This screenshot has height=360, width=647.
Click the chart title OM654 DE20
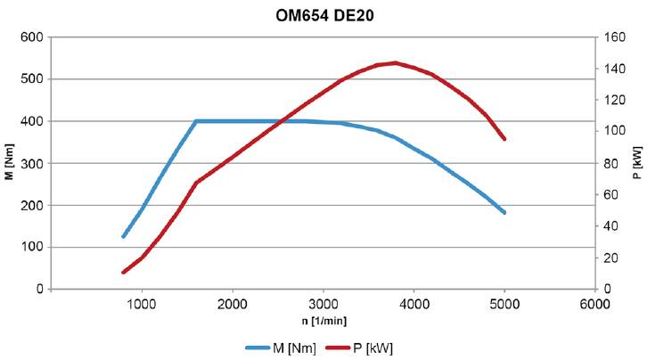(x=323, y=15)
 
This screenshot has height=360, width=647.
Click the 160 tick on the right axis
(x=613, y=37)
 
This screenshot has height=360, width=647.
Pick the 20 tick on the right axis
(x=610, y=258)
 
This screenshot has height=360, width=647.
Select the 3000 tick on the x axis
(x=323, y=305)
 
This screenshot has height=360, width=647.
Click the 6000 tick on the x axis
(x=594, y=305)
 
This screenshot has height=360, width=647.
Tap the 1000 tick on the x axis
(x=142, y=305)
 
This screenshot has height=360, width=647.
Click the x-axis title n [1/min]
(x=323, y=320)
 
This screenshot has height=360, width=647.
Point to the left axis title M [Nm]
(x=9, y=163)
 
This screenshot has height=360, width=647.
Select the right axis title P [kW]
(x=636, y=163)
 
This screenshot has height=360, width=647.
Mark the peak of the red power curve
(x=396, y=62)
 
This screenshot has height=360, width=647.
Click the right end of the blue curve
(x=504, y=213)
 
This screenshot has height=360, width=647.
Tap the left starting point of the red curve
(x=123, y=272)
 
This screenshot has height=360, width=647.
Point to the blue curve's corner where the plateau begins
(x=196, y=121)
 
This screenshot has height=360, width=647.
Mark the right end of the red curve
(x=504, y=139)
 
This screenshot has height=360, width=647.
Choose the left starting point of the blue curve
(x=123, y=236)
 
